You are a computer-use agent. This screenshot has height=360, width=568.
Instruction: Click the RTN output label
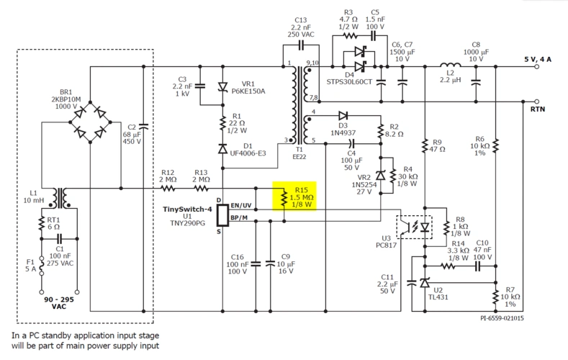[x=538, y=109]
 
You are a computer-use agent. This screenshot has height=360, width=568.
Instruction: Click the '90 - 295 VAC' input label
[x=59, y=302]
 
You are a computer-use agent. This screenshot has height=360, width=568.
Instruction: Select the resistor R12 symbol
[x=168, y=189]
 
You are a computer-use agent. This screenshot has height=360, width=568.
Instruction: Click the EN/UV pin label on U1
[x=240, y=205]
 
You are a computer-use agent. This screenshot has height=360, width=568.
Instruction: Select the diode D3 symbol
[x=343, y=115]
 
